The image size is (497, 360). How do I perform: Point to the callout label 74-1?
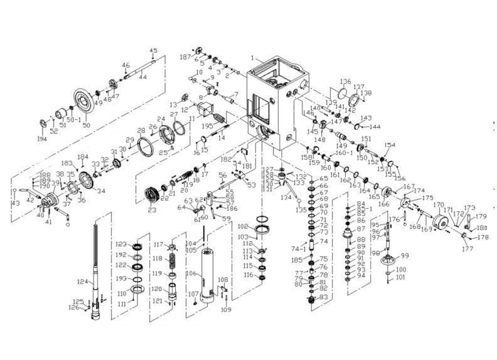tap(299, 248)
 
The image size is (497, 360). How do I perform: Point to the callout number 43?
tap(14, 203)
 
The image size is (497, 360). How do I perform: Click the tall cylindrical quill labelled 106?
tap(206, 276)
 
